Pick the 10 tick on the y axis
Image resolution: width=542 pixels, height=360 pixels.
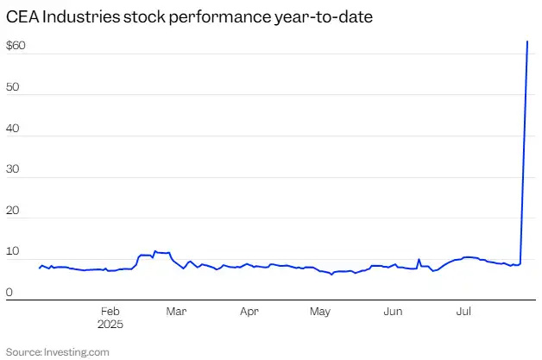tap(13, 251)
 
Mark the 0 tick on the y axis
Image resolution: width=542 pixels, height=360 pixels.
tap(9, 293)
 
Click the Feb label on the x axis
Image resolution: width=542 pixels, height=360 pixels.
tap(110, 311)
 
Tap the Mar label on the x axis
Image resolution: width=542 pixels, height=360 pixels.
tap(177, 311)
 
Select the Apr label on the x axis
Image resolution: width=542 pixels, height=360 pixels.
tap(249, 311)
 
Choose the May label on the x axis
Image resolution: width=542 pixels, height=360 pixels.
tap(320, 311)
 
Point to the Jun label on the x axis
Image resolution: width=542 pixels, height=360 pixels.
tap(393, 311)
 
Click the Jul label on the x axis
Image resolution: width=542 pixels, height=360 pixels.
tap(463, 311)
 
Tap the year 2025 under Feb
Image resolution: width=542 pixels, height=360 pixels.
tap(110, 325)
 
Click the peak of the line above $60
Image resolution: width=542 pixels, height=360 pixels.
tap(527, 41)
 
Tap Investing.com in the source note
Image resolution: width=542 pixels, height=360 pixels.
tap(79, 351)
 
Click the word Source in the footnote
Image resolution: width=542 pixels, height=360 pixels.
tap(23, 351)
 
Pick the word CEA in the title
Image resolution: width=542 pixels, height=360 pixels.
tap(22, 16)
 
